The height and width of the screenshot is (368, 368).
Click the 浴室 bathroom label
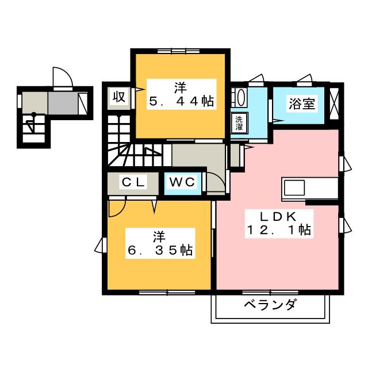[x=302, y=105]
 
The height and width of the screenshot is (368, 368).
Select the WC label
[x=183, y=183]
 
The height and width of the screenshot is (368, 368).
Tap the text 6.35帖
[x=160, y=250]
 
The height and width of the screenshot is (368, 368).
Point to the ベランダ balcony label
[x=269, y=305]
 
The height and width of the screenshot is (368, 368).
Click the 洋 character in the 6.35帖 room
[x=159, y=236]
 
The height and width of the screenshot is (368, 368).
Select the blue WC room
[x=183, y=183]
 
